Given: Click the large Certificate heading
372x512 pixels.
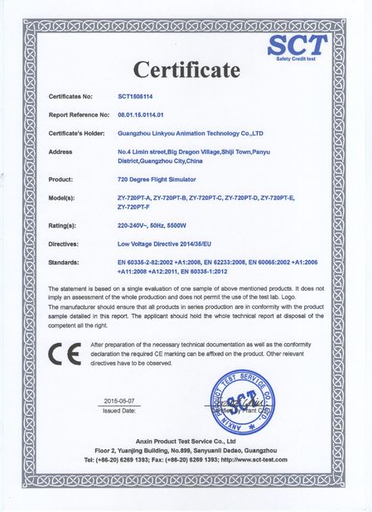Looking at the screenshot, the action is tap(186, 70).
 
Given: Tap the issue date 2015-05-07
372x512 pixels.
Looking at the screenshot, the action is tap(123, 399).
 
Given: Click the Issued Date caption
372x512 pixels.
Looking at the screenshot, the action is tap(123, 410).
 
